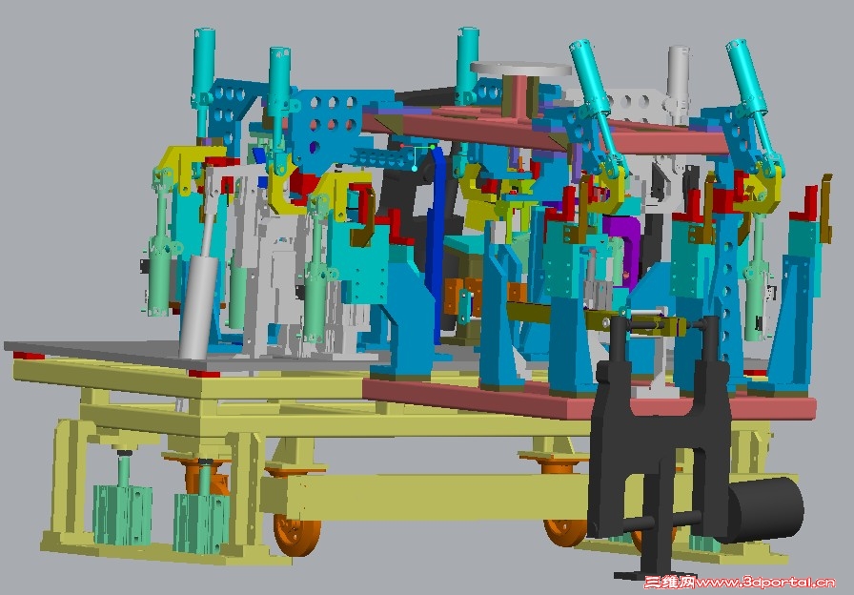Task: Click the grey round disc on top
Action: [x=520, y=70]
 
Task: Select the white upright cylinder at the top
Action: [x=678, y=82]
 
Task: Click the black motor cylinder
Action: [x=765, y=509]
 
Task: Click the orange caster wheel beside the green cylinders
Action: [x=297, y=534]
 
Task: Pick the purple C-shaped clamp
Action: [x=623, y=245]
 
